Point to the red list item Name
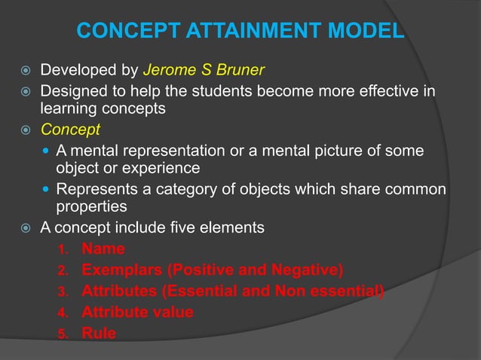(x=103, y=248)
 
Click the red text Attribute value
(x=137, y=311)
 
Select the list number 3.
(x=64, y=291)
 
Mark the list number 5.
(x=64, y=333)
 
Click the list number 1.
(x=64, y=249)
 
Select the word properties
(x=92, y=206)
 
